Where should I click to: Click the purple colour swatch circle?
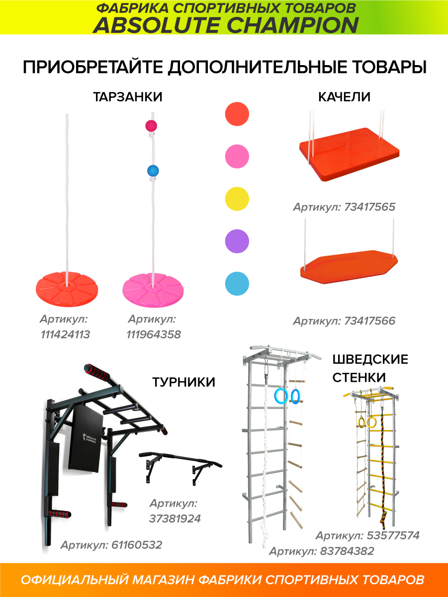237,241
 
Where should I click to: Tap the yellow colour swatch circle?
237,199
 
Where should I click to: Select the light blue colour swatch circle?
237,284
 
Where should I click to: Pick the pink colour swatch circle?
237,157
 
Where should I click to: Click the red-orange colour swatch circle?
237,114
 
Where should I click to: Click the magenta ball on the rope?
151,126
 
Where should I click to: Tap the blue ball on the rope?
153,171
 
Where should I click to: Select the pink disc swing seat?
153,290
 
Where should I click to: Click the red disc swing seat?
67,289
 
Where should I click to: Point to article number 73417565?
369,207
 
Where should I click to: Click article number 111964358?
154,335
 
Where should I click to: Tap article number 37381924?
175,518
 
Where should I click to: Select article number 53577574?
393,535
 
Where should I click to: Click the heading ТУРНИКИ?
183,382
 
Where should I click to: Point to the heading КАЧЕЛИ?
345,97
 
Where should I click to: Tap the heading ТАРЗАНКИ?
128,97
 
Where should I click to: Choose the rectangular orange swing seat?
349,154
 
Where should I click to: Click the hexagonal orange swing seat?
349,267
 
